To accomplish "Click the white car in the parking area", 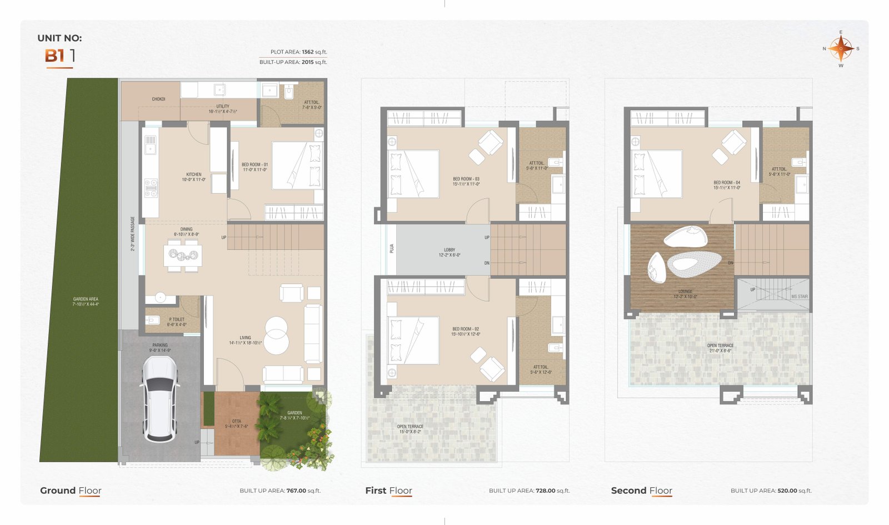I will pyautogui.click(x=159, y=398).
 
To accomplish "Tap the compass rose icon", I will pyautogui.click(x=841, y=49).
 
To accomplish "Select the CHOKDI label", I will pyautogui.click(x=158, y=99).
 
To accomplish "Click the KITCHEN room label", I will pyautogui.click(x=193, y=174).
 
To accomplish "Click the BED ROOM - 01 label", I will pyautogui.click(x=254, y=165).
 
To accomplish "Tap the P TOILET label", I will pyautogui.click(x=176, y=320).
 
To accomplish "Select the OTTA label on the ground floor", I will pyautogui.click(x=237, y=422).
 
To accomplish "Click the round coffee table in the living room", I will pyautogui.click(x=276, y=335).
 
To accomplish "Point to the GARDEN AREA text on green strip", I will pyautogui.click(x=86, y=299).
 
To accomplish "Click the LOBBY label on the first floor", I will pyautogui.click(x=450, y=250).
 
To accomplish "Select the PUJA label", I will pyautogui.click(x=392, y=248).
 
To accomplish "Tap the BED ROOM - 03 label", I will pyautogui.click(x=466, y=179).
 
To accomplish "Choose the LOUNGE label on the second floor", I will pyautogui.click(x=685, y=292).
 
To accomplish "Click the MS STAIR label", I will pyautogui.click(x=799, y=297).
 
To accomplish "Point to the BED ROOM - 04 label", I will pyautogui.click(x=727, y=182).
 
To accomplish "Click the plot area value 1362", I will pyautogui.click(x=308, y=52).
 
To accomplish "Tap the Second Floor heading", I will pyautogui.click(x=641, y=491).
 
